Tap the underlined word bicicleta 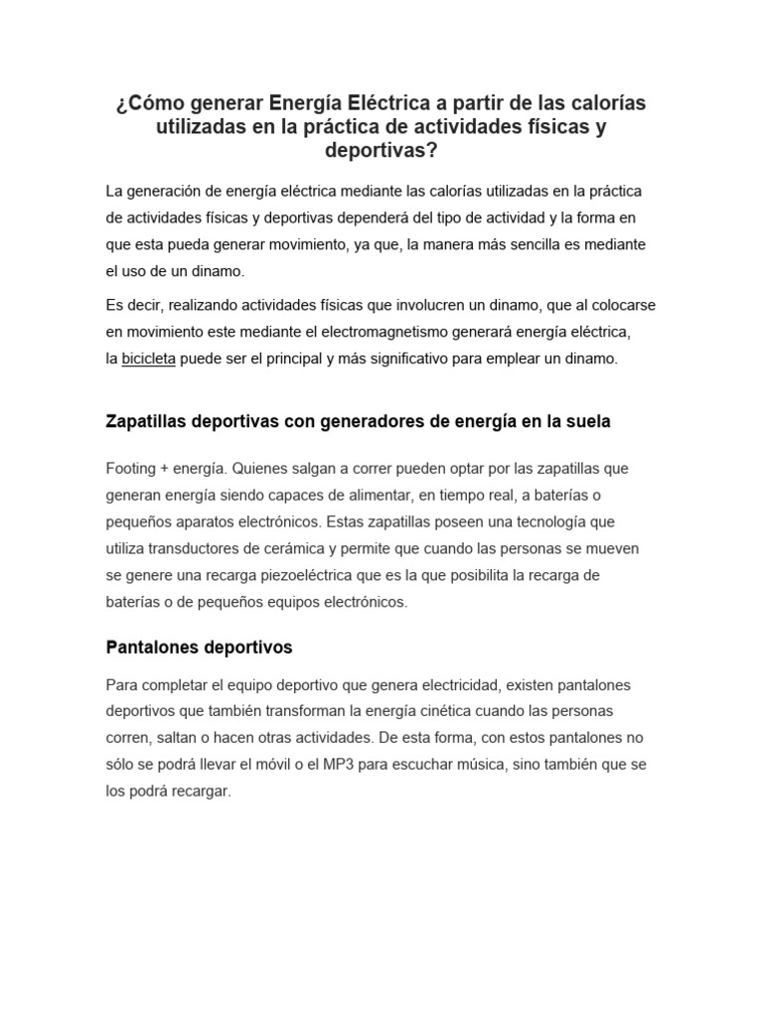[x=148, y=360]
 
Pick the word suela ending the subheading [x=588, y=422]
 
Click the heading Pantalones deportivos [x=199, y=648]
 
